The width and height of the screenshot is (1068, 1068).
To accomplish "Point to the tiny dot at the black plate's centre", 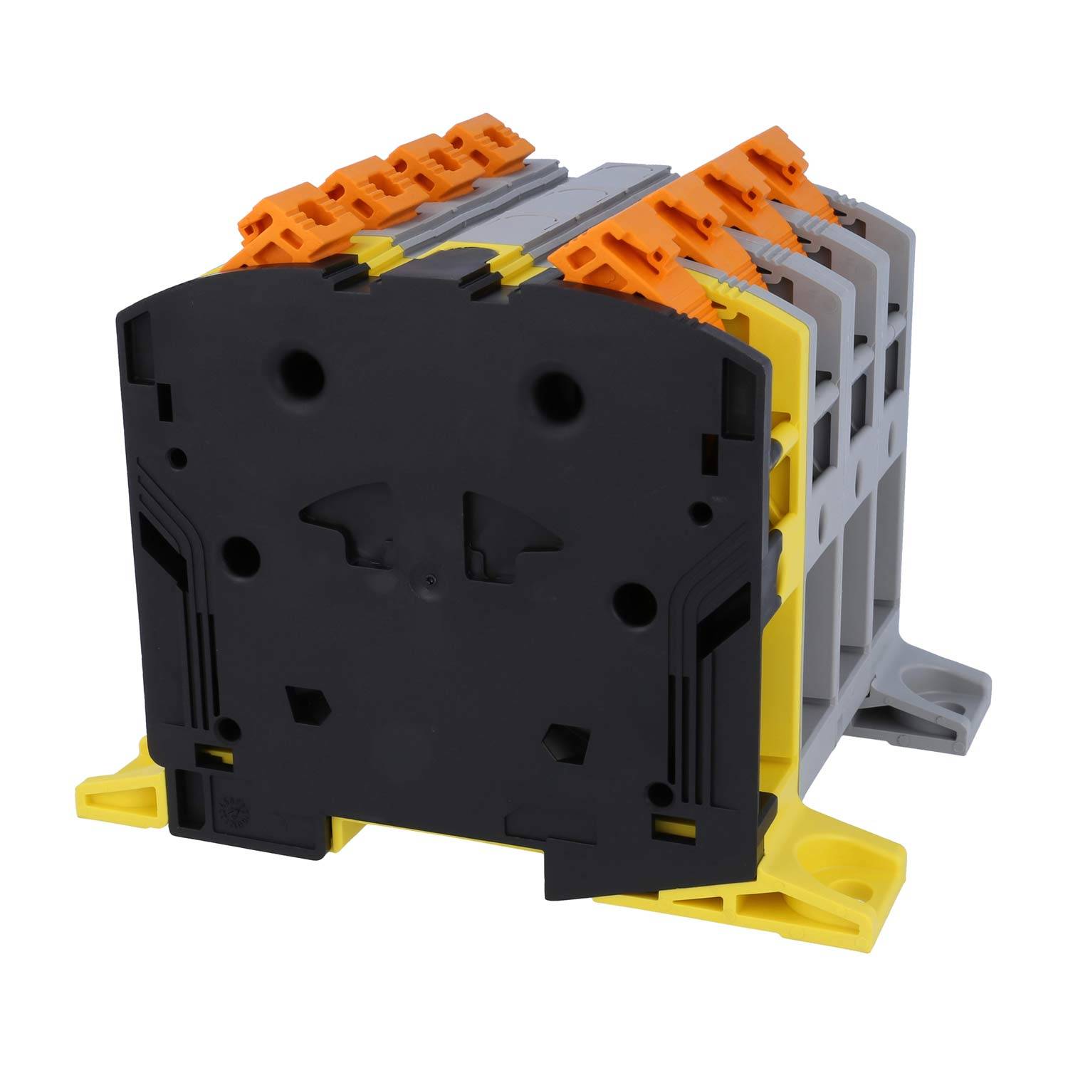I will pyautogui.click(x=427, y=580).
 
